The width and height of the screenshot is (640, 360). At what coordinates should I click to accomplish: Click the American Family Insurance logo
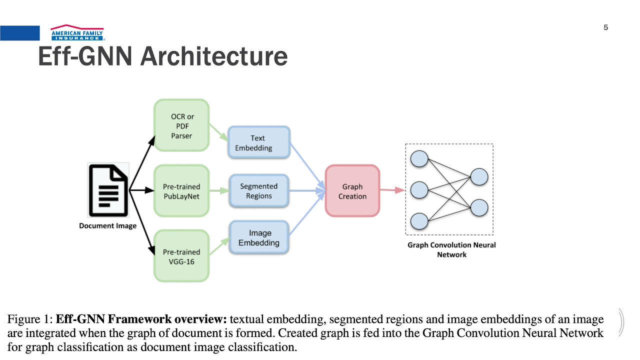(x=77, y=32)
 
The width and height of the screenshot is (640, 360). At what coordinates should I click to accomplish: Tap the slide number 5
(x=605, y=27)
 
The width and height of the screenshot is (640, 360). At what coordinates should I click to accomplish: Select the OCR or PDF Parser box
(x=181, y=125)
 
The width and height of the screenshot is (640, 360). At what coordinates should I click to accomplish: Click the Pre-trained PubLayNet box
(x=181, y=191)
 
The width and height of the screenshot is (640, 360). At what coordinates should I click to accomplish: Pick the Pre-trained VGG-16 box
(x=181, y=256)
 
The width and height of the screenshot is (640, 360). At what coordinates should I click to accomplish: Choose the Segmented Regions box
(x=259, y=191)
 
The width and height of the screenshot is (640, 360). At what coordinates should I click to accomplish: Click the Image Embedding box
(x=259, y=238)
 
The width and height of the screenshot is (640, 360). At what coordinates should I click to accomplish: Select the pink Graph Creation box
(x=352, y=191)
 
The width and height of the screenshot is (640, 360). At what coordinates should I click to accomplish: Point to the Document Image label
(x=107, y=225)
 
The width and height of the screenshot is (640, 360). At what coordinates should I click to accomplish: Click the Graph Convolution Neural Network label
(x=451, y=249)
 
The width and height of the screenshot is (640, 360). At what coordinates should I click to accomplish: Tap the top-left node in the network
(x=419, y=159)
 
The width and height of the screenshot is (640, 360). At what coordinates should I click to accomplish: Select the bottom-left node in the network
(x=419, y=220)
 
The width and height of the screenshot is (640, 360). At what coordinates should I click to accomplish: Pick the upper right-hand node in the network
(x=479, y=177)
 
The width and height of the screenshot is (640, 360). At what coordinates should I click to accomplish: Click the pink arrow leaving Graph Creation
(x=392, y=190)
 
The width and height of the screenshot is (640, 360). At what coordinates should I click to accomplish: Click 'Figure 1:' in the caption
(x=29, y=319)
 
